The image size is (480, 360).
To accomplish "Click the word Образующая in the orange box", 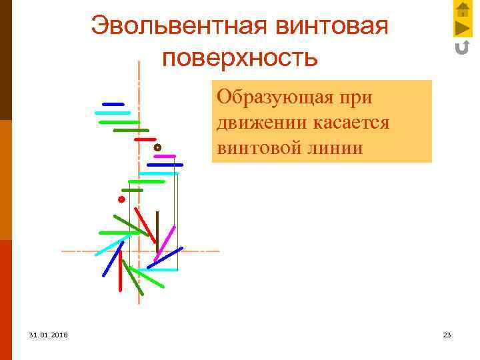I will [274, 97].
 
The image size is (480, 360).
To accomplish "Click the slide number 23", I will [447, 335].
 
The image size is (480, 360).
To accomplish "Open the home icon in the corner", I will [463, 9].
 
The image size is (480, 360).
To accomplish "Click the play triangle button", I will [462, 28].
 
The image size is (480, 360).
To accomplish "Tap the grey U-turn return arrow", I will [462, 47].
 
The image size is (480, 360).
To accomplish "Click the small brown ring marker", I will [157, 147].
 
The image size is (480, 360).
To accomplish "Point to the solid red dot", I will [121, 199].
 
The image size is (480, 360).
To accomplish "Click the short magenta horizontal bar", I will [164, 156].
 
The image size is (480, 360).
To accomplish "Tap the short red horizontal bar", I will [145, 139].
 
